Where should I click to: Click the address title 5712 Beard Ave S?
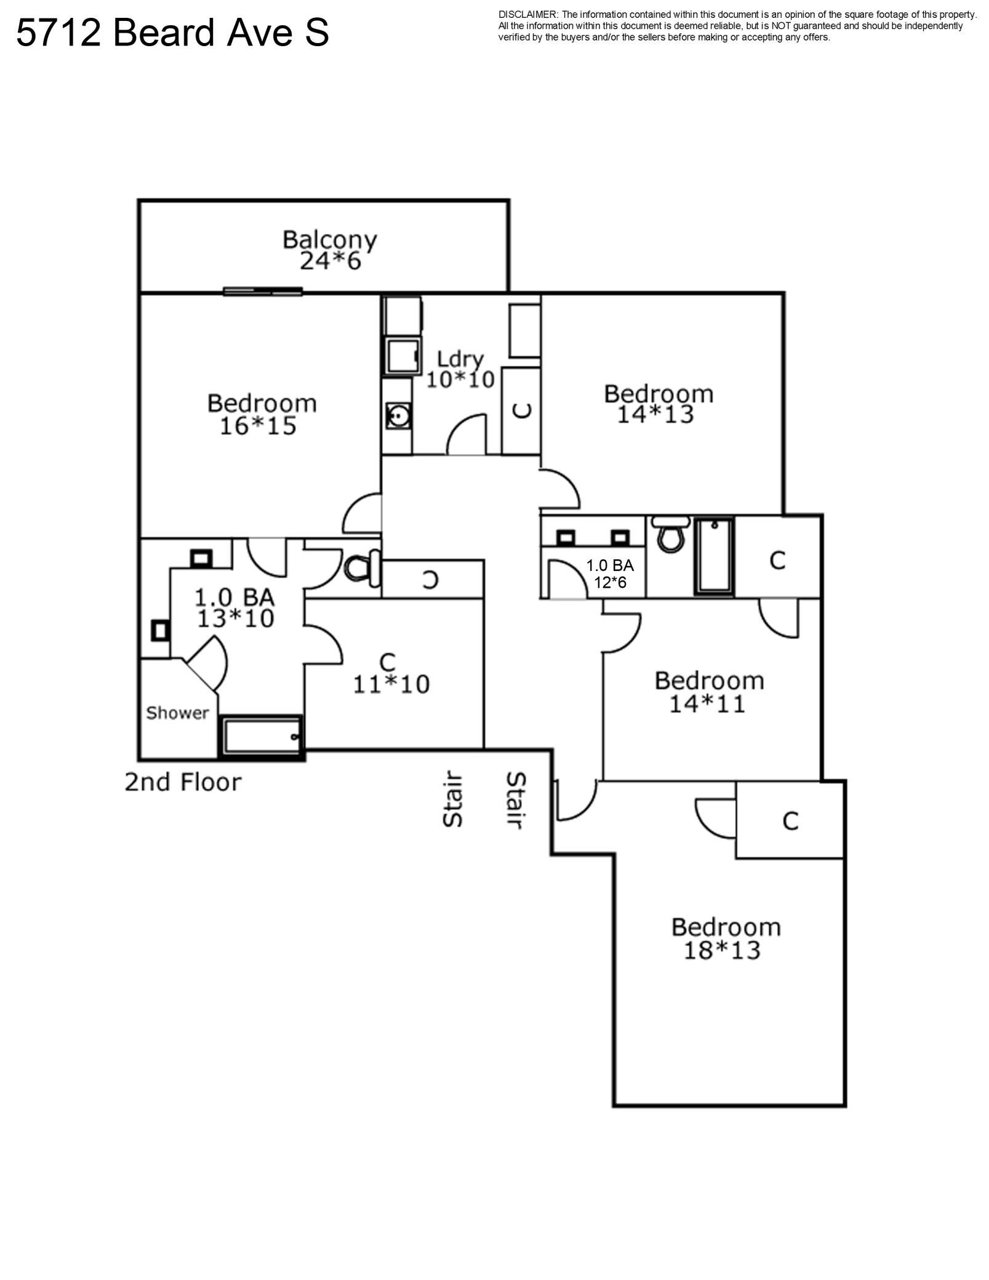coord(172,33)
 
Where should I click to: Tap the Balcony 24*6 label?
coord(330,250)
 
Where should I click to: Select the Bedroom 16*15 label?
coord(262,414)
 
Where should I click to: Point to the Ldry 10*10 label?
coord(460,369)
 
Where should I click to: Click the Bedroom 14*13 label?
coord(659,404)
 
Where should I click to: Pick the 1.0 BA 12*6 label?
coord(610,574)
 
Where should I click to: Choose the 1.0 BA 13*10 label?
coord(235,608)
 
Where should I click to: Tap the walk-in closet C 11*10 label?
coord(391,673)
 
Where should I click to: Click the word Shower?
coord(177,713)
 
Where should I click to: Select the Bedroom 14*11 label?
coord(709,692)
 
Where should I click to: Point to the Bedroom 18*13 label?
coord(726,939)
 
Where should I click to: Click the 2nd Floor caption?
coord(183,782)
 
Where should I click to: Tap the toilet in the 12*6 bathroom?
coord(671,534)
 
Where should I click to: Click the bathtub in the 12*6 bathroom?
coord(715,556)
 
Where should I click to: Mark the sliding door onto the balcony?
coord(263,291)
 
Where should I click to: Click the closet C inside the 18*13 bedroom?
coord(790,820)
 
